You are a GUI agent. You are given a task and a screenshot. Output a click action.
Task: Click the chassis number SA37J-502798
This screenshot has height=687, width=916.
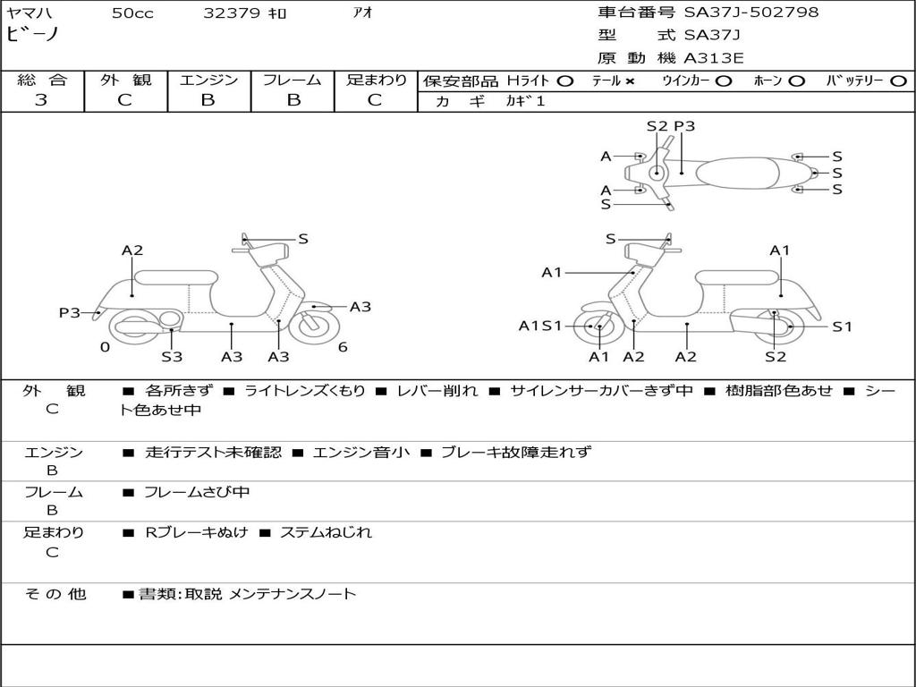click(x=751, y=13)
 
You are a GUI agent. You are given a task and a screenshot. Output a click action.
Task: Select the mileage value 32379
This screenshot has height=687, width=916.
click(x=232, y=13)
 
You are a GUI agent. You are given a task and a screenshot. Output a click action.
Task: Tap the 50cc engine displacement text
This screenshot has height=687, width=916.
click(x=132, y=13)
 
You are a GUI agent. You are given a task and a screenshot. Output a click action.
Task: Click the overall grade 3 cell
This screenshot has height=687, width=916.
click(x=41, y=100)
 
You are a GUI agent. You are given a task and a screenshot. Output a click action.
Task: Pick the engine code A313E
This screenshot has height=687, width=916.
click(x=714, y=59)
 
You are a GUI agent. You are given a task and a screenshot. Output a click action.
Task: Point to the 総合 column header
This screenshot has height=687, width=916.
click(x=41, y=80)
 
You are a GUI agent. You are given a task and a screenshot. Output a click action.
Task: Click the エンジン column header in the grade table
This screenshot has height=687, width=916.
click(x=208, y=80)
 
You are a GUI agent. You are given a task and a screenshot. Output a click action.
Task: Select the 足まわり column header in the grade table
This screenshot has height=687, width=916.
click(x=376, y=80)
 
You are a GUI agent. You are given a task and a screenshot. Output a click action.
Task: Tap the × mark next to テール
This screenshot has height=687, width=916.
click(x=630, y=81)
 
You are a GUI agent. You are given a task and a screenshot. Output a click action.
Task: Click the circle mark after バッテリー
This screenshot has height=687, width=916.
click(x=898, y=81)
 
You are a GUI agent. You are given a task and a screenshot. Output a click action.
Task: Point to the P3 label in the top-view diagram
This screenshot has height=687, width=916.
click(x=684, y=126)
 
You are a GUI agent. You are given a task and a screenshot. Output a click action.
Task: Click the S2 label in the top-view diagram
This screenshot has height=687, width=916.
click(x=657, y=126)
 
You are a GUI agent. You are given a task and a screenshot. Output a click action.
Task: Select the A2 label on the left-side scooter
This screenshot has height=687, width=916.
click(x=132, y=250)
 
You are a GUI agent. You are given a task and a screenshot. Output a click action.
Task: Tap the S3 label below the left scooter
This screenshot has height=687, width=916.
click(x=172, y=357)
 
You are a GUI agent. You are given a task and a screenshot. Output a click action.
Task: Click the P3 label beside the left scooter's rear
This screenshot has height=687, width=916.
click(x=70, y=312)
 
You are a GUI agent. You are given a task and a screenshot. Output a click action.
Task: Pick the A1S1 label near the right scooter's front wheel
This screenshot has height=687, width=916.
click(x=540, y=326)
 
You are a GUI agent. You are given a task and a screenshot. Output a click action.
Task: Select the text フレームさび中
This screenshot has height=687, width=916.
click(x=197, y=492)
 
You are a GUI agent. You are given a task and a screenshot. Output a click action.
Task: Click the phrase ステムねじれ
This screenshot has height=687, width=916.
click(x=326, y=532)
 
